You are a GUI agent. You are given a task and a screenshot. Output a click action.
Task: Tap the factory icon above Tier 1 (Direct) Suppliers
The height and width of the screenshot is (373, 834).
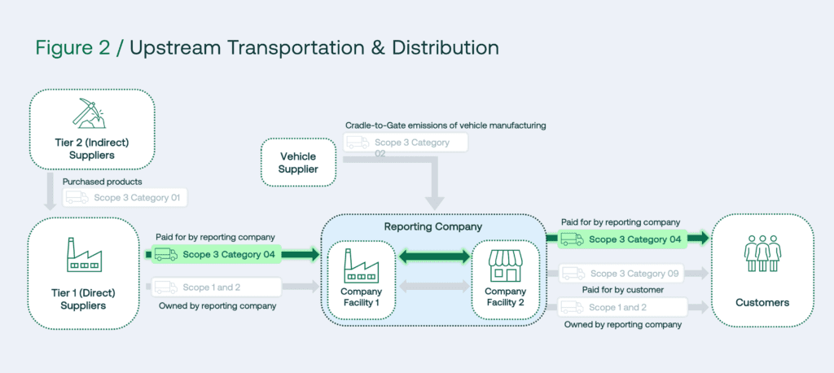[x=84, y=254]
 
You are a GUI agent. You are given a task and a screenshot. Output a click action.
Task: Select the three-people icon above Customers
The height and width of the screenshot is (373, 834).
[x=762, y=254]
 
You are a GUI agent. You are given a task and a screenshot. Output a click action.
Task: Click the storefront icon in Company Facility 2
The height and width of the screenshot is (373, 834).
[x=505, y=265]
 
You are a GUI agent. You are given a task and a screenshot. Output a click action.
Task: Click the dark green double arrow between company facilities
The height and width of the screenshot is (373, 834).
[x=434, y=257]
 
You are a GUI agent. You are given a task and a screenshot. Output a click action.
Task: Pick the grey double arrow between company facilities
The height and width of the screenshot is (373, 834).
[x=434, y=287]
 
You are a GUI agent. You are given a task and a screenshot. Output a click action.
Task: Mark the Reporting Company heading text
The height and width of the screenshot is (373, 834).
[x=432, y=226]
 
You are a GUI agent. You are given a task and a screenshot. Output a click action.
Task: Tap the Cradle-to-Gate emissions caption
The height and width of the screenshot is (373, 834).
[x=445, y=125]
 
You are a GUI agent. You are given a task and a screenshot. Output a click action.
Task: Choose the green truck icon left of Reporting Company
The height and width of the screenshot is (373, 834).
[x=165, y=254]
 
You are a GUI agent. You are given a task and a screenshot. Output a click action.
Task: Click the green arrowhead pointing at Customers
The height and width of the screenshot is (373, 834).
[x=700, y=239]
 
